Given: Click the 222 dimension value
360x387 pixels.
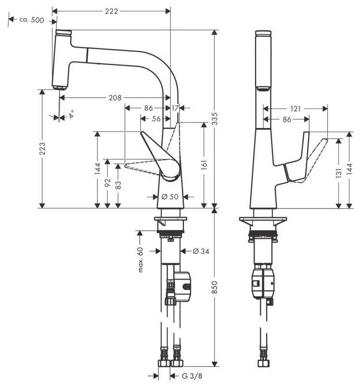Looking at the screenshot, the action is click(x=111, y=12).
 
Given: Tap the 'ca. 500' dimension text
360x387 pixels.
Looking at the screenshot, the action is click(x=32, y=20).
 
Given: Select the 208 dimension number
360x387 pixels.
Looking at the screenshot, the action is click(x=115, y=98).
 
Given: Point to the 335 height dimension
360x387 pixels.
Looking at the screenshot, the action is click(x=215, y=119).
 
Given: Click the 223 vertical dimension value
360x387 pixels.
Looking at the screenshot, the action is click(x=42, y=149).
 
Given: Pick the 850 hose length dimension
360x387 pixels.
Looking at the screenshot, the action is click(x=215, y=287).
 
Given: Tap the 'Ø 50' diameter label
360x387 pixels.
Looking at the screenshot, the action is click(x=170, y=197).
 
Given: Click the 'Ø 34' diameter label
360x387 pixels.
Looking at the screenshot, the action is click(x=201, y=251).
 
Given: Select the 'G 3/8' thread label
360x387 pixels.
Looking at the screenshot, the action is click(x=192, y=376).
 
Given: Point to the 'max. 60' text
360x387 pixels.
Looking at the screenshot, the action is click(x=140, y=259).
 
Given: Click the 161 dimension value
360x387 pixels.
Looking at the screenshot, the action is click(x=204, y=165).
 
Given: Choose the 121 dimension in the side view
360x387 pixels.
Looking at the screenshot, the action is click(x=296, y=109).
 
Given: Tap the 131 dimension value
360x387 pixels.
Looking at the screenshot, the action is click(x=339, y=173).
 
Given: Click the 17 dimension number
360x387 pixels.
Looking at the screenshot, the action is click(x=175, y=108).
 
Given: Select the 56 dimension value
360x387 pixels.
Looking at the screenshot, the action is click(x=156, y=119).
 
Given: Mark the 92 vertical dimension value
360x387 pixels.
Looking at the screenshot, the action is click(x=108, y=182).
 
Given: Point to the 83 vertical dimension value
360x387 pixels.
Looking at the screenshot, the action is click(x=118, y=185).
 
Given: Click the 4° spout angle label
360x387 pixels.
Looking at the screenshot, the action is click(x=71, y=114).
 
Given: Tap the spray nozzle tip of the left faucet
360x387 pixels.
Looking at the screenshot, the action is click(x=60, y=88).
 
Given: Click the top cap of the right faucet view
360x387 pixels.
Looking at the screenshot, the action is click(x=263, y=33).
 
